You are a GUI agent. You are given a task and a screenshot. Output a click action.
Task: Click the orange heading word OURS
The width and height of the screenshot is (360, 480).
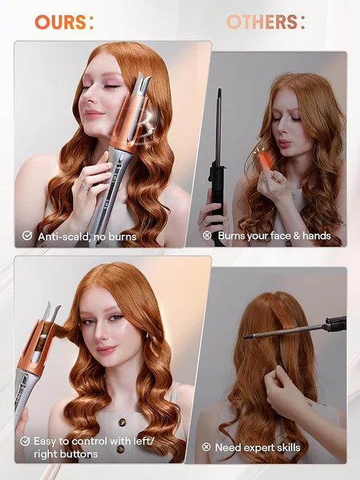pyautogui.click(x=61, y=22)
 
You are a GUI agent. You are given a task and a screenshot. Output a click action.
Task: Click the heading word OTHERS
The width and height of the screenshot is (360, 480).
pyautogui.click(x=261, y=22)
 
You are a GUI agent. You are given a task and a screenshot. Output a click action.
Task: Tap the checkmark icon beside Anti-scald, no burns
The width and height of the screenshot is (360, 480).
pyautogui.click(x=27, y=236)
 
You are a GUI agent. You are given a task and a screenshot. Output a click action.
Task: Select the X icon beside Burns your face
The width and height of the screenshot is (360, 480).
pyautogui.click(x=207, y=236)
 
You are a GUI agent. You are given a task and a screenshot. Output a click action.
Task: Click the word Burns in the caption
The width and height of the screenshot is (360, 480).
pyautogui.click(x=234, y=236)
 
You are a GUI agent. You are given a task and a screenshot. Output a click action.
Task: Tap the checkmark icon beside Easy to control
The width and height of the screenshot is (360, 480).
pyautogui.click(x=26, y=441)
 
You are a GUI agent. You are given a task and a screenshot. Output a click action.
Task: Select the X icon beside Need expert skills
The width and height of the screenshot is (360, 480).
pyautogui.click(x=207, y=447)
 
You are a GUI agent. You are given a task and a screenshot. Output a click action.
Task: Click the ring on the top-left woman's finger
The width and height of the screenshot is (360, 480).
pyautogui.click(x=85, y=186)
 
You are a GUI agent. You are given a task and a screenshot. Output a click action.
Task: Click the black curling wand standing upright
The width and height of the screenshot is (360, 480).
pyautogui.click(x=217, y=168)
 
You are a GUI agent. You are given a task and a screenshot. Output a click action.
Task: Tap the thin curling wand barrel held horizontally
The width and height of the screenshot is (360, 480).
pyautogui.click(x=281, y=330)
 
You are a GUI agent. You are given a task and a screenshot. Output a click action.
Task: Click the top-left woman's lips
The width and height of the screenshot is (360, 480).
pyautogui.click(x=93, y=115)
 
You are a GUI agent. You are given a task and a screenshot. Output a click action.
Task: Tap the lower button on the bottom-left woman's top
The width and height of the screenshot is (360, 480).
pyautogui.click(x=120, y=448)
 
